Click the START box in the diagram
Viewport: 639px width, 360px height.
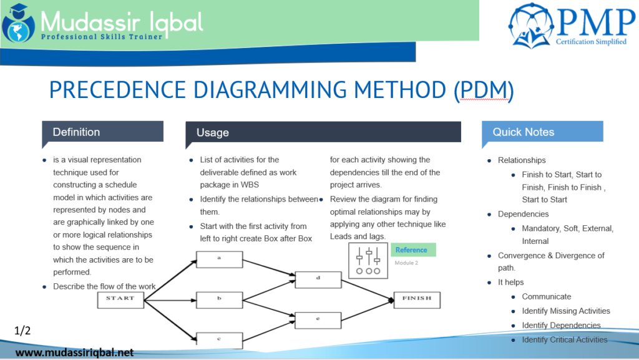120,299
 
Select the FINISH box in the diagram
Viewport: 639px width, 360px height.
416,299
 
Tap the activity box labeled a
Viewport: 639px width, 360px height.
219,258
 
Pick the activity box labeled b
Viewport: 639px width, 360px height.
219,299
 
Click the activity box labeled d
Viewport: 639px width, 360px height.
318,279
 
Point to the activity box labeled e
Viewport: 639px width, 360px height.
318,319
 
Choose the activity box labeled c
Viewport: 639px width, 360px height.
219,339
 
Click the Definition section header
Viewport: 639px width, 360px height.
102,132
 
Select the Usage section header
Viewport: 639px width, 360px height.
323,132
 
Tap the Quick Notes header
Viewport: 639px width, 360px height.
542,132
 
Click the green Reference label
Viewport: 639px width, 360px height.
412,250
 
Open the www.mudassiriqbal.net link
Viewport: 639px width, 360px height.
74,353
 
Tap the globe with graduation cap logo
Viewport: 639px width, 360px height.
18,24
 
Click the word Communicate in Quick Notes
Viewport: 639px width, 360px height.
547,296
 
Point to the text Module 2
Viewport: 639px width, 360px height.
406,263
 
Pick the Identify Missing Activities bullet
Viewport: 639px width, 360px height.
566,311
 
